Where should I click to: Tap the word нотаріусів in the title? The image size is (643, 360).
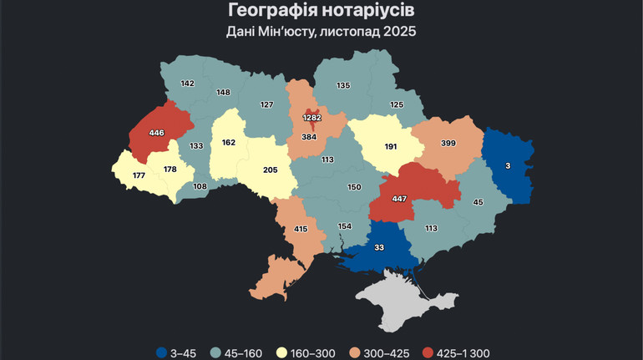coord(371,11)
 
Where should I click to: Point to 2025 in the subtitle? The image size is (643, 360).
coord(398,33)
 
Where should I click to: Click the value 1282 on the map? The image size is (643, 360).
coord(311,118)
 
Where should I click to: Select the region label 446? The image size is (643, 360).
coord(157,133)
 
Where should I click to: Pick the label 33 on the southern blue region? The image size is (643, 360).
coord(378,248)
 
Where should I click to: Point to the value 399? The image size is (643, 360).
coord(448,144)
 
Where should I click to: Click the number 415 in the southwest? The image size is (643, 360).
coord(301,228)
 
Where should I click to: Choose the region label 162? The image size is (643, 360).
coord(228,142)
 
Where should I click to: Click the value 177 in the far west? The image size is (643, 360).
coord(139,175)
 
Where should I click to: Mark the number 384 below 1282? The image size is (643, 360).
coord(310,137)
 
